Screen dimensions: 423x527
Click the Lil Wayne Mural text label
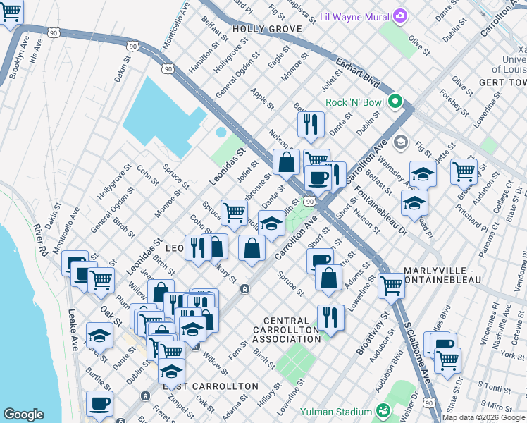click(354, 16)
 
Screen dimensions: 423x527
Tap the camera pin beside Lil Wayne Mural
click(400, 15)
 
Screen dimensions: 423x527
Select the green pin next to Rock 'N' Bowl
click(395, 103)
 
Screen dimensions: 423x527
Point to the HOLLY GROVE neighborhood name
click(266, 29)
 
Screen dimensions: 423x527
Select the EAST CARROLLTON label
click(211, 387)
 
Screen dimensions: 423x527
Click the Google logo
click(23, 414)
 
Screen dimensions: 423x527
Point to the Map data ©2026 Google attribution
click(483, 417)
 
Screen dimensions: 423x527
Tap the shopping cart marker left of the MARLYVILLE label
click(391, 286)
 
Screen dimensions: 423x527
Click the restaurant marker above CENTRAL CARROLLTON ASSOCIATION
click(330, 317)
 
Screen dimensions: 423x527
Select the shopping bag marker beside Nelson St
click(286, 162)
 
